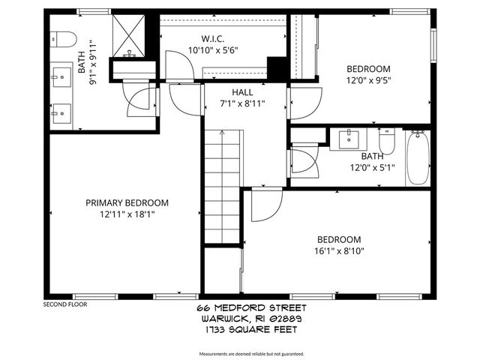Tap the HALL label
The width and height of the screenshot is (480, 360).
[241, 92]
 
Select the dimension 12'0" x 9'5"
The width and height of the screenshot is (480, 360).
[368, 79]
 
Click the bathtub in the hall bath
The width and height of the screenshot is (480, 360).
[417, 157]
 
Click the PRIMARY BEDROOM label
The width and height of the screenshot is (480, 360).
[126, 202]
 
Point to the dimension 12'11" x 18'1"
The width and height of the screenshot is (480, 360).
[126, 214]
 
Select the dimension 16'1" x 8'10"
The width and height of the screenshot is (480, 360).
[340, 252]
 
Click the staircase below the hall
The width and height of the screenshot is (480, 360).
[222, 187]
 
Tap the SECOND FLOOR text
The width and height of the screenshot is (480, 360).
[66, 304]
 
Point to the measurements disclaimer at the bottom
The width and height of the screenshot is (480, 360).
[251, 353]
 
